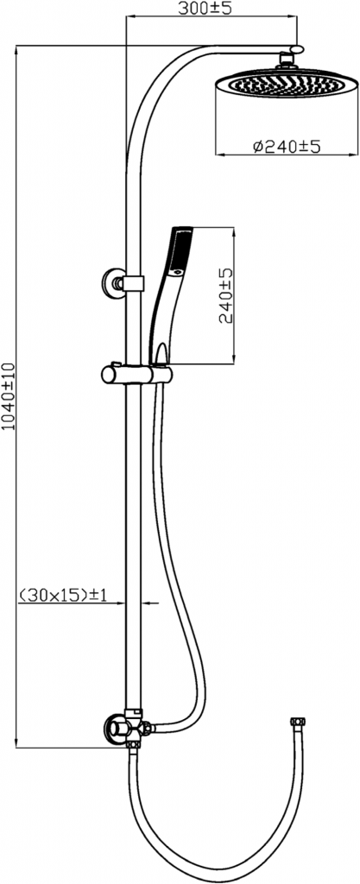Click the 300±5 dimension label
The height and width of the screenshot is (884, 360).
coord(205,9)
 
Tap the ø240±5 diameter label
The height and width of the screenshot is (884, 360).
coord(287,147)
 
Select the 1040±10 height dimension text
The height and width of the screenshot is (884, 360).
coord(9,397)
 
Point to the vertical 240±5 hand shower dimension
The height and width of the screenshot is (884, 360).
coord(226,294)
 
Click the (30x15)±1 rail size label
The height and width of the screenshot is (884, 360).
coord(63,594)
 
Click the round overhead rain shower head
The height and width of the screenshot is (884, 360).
coord(287,84)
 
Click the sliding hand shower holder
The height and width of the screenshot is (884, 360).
coord(136,374)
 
